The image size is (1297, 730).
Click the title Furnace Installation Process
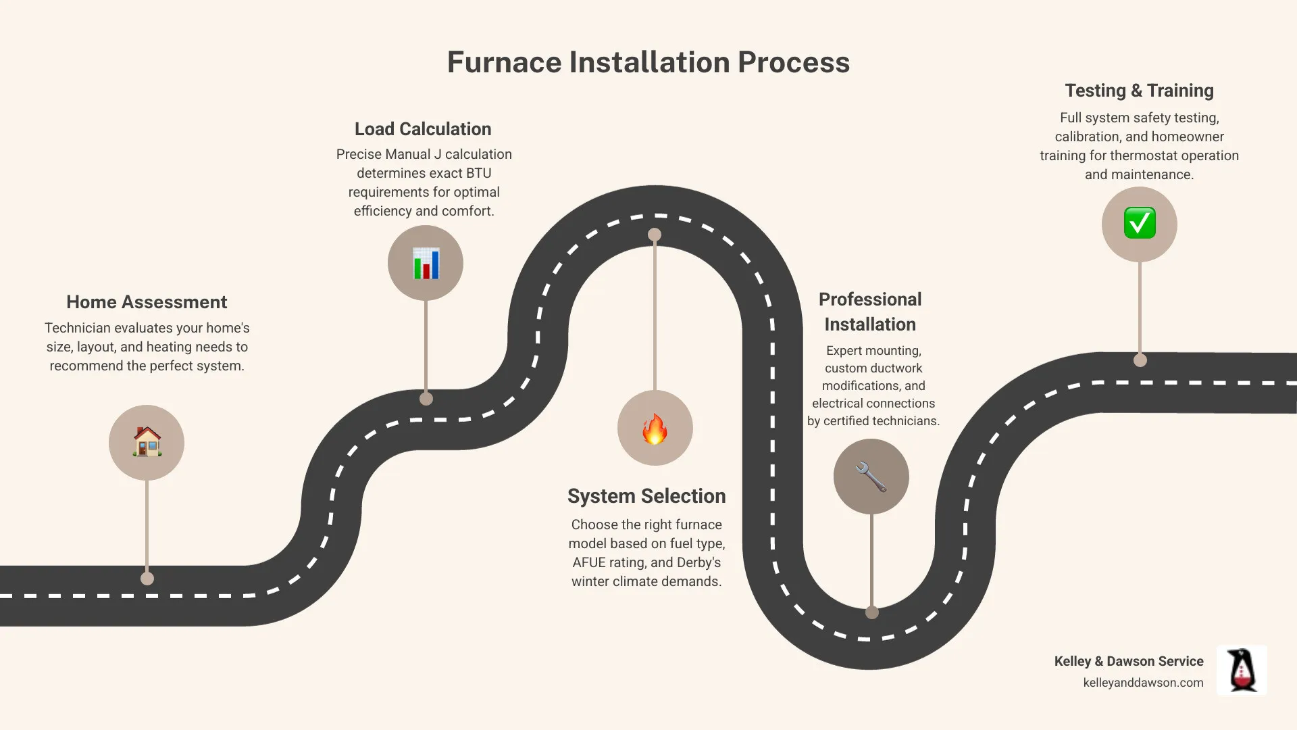tap(648, 62)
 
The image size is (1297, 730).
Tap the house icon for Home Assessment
tap(147, 443)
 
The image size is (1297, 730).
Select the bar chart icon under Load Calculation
tap(426, 264)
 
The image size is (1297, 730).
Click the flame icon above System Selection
tap(655, 429)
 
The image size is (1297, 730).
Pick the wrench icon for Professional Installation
tap(871, 477)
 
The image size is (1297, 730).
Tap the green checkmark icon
tap(1140, 224)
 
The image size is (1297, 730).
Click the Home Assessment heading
tap(147, 302)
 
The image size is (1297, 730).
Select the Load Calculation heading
tap(423, 129)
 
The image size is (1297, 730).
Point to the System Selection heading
tap(646, 496)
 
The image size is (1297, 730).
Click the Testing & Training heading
tap(1139, 91)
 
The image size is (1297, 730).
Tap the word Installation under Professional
tap(870, 324)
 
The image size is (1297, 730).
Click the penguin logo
tap(1242, 670)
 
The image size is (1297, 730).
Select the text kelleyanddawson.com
tap(1143, 683)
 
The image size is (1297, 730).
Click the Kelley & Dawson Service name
tap(1129, 661)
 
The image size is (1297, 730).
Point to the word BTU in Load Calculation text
tap(478, 173)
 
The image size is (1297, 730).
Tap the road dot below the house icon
tap(147, 579)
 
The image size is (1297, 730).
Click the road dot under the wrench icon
tap(872, 612)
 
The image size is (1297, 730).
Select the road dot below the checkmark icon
tap(1140, 360)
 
